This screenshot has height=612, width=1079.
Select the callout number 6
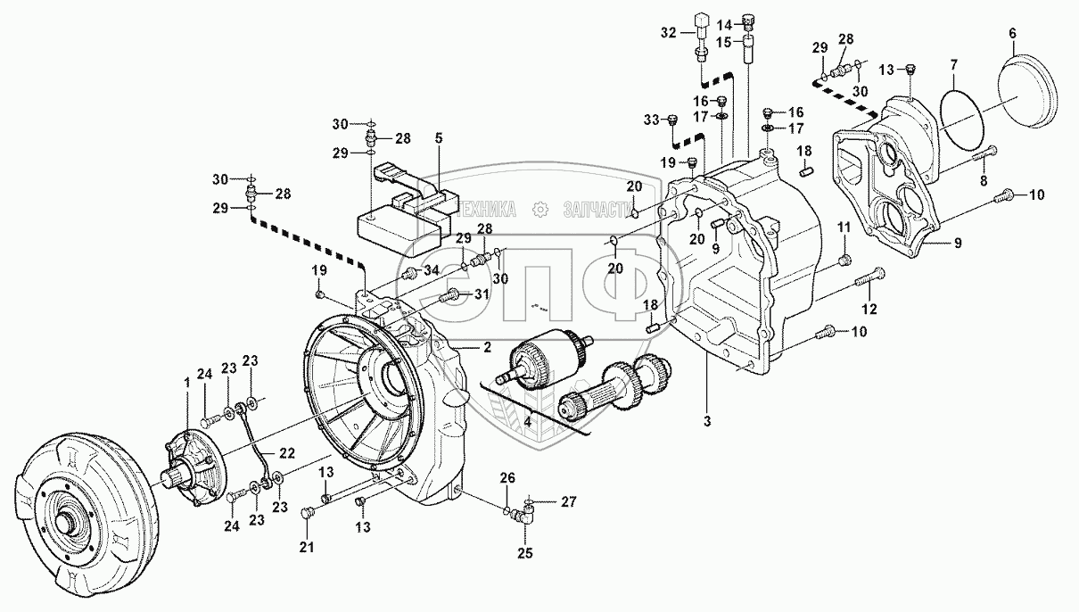(x=1012, y=33)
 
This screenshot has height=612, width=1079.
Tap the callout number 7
(x=954, y=64)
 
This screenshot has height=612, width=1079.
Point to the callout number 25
(x=525, y=553)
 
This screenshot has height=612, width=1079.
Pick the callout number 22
(x=286, y=453)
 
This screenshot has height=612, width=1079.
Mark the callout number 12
(x=869, y=309)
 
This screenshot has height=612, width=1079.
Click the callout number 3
(x=706, y=421)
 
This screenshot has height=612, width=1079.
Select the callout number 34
(x=431, y=270)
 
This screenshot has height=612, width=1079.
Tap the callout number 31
(x=482, y=294)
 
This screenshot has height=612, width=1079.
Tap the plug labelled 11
(x=844, y=261)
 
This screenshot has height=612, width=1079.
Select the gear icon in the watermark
(x=540, y=209)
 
